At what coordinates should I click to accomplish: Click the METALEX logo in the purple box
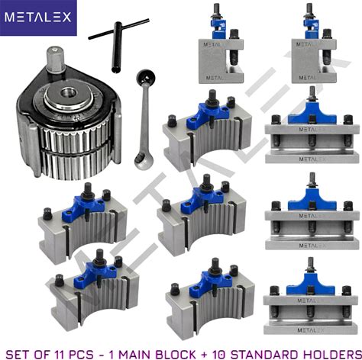click(x=38, y=18)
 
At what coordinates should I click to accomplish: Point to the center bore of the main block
click(x=69, y=92)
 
